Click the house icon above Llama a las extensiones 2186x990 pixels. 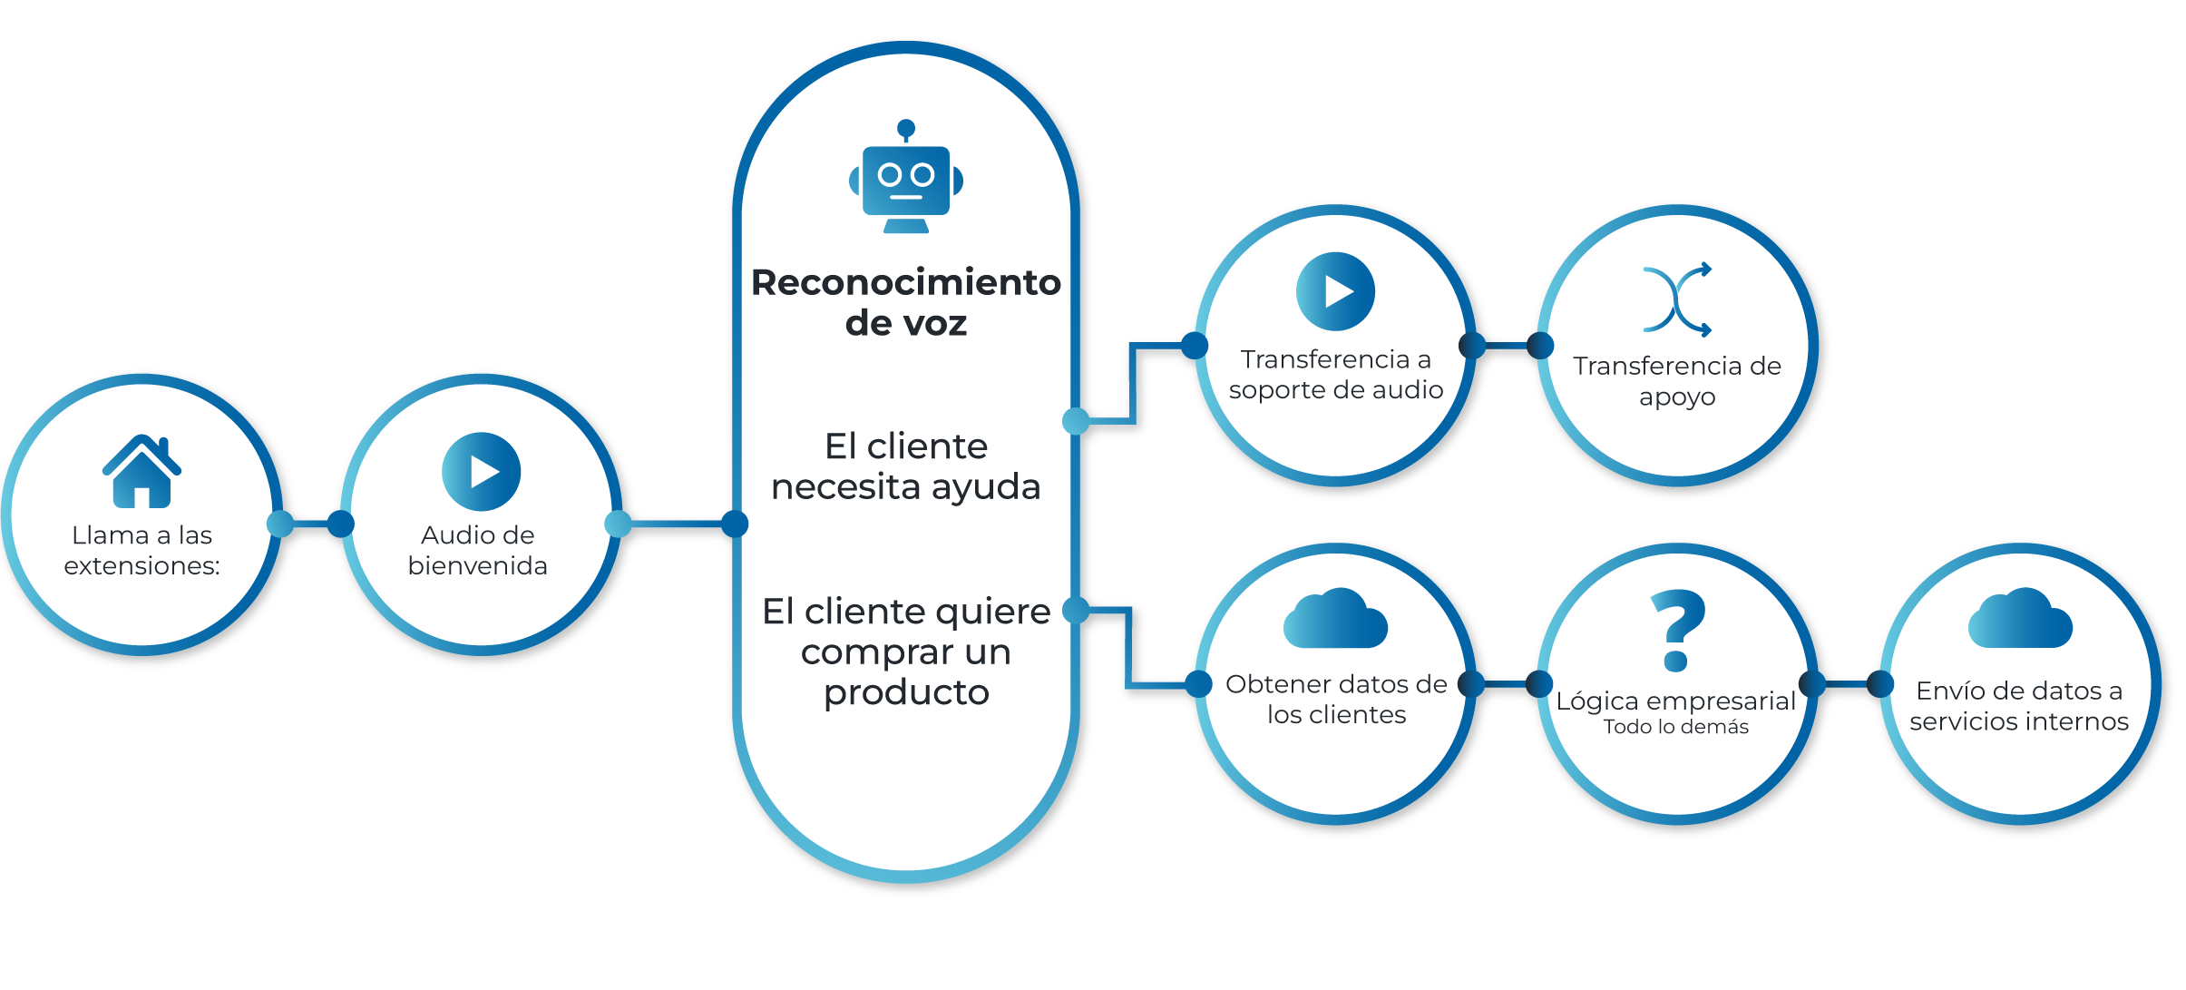point(142,471)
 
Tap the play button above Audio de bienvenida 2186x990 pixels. point(481,472)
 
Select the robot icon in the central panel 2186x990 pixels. point(906,177)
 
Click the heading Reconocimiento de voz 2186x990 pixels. point(906,302)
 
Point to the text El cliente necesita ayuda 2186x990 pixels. point(906,466)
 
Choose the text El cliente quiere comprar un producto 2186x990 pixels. point(906,652)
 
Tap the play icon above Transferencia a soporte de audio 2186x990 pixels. point(1335,291)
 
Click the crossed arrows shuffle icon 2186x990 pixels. point(1677,299)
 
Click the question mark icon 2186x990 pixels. point(1677,630)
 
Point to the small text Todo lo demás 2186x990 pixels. point(1676,727)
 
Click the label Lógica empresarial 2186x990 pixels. point(1675,701)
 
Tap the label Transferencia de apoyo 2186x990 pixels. point(1677,381)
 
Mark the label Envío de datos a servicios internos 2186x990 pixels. point(2019,706)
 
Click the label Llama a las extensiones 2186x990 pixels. point(142,550)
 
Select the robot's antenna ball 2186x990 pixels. point(906,128)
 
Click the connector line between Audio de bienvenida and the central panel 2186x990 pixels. point(677,524)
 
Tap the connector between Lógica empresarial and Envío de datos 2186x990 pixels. point(1847,683)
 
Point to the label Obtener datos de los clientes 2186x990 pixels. point(1336,700)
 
